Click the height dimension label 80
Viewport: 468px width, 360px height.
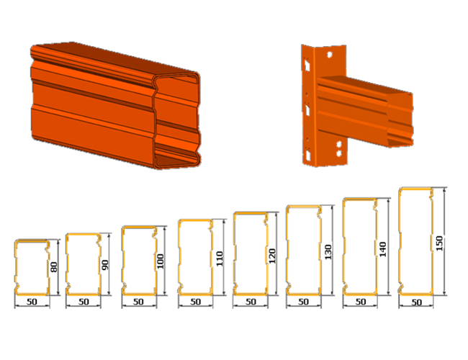[54, 267]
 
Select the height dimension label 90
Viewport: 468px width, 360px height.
[105, 265]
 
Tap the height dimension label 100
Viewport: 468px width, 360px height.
[161, 261]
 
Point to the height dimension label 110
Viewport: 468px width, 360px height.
[220, 258]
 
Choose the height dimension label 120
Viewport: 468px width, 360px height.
[272, 256]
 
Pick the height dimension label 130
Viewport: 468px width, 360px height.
[328, 252]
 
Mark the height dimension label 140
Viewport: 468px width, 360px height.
[382, 249]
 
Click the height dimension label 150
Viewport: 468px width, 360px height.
[439, 243]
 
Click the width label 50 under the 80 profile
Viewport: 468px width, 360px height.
[32, 302]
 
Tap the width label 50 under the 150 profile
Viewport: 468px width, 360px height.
[416, 302]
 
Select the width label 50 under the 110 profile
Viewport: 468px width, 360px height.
[196, 302]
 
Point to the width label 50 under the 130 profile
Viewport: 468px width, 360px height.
[304, 302]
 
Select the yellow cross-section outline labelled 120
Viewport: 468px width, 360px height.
[235, 253]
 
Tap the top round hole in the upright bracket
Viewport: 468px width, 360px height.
[330, 55]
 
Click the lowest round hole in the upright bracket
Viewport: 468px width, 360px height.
[339, 153]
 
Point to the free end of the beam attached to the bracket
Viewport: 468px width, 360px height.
[400, 120]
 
